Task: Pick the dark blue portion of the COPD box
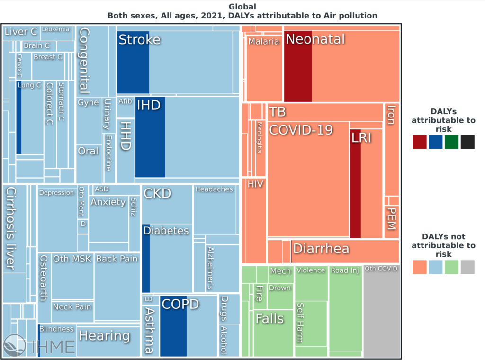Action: [173, 332]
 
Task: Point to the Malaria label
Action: [264, 41]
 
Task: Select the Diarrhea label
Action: [321, 249]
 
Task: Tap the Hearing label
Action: [104, 336]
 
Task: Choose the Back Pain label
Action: [117, 259]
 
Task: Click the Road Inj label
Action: [345, 270]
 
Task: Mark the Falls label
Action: [269, 318]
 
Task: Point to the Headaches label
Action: [214, 189]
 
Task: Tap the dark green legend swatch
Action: [451, 142]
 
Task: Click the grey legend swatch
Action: [467, 267]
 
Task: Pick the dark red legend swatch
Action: [420, 142]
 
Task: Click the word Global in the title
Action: [242, 7]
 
